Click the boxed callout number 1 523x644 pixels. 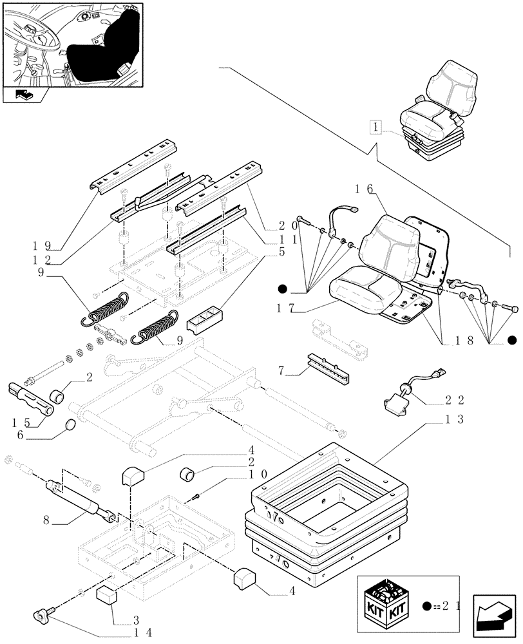376,127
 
